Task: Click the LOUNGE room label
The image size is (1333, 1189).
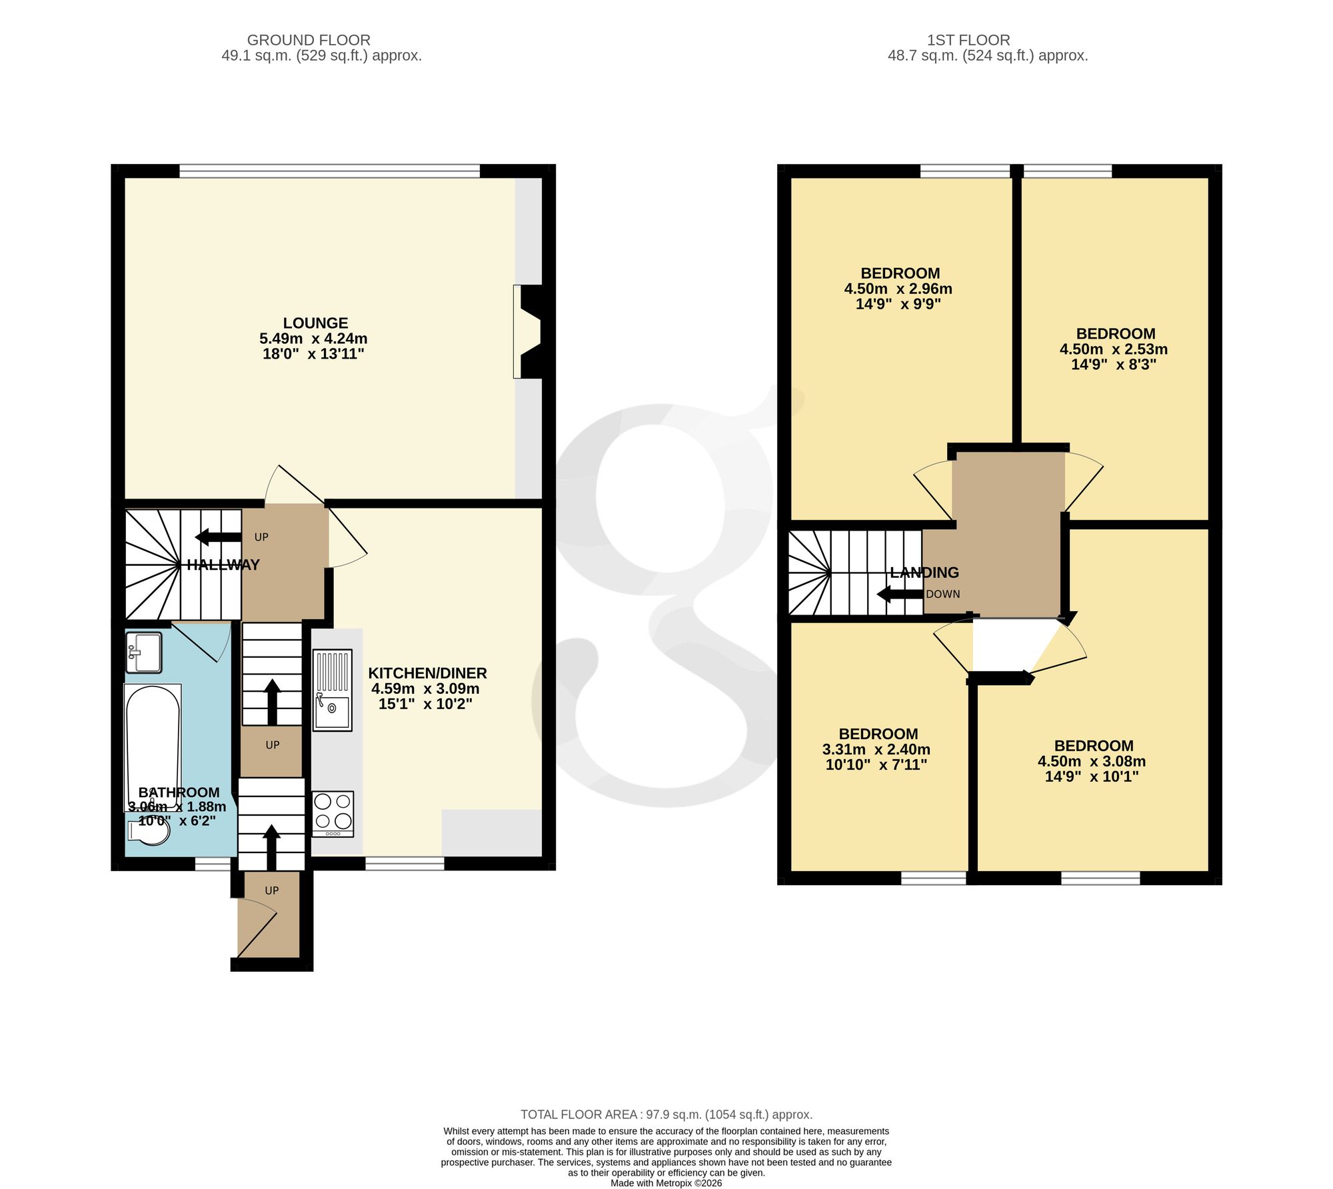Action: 315,323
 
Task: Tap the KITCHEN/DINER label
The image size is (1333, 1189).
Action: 428,673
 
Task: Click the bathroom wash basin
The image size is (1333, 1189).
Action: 144,652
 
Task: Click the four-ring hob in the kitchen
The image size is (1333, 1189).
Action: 333,814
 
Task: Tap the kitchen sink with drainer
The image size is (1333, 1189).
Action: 333,690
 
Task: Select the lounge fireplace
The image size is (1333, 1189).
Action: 527,332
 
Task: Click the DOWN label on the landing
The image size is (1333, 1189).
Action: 943,594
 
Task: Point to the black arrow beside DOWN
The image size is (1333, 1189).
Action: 900,594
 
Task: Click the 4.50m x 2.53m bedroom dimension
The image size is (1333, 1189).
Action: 1114,349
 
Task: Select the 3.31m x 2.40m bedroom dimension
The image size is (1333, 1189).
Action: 876,749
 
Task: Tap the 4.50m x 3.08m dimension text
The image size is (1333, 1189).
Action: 1092,761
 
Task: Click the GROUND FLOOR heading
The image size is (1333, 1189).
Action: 309,40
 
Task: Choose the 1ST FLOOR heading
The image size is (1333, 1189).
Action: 987,40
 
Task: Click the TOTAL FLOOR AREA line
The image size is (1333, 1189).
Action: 666,1114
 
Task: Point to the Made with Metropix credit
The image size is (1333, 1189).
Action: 666,1183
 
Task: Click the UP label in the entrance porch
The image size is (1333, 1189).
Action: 272,890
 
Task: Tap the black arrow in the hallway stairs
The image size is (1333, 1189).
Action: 218,537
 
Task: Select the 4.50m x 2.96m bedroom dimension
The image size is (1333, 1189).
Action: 898,289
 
